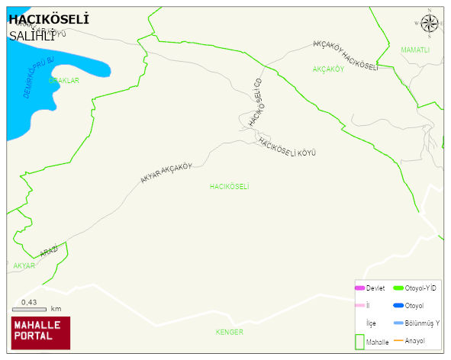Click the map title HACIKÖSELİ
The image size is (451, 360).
[x=48, y=19]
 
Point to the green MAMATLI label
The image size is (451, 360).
[x=415, y=50]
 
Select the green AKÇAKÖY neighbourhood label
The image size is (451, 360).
[x=329, y=69]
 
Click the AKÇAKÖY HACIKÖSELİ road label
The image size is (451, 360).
[x=346, y=56]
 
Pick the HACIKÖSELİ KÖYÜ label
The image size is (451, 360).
[x=287, y=147]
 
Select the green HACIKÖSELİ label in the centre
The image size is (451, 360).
[x=230, y=186]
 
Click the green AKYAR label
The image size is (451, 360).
[x=24, y=265]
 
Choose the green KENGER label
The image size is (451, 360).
[x=229, y=332]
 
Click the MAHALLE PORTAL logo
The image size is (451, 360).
[x=40, y=333]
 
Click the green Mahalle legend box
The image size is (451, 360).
[x=359, y=342]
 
